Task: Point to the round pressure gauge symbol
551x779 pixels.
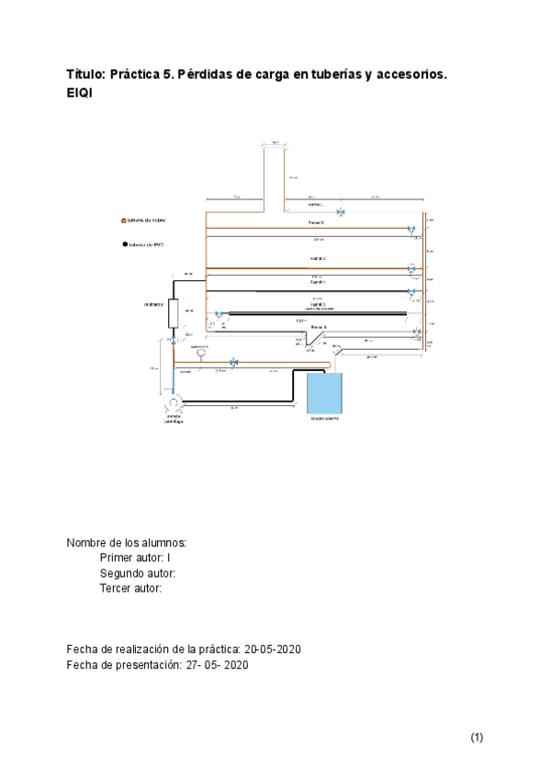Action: [199, 353]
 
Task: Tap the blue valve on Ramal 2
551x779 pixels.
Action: [410, 230]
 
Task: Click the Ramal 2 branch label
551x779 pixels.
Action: [315, 222]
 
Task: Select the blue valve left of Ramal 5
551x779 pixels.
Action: [219, 314]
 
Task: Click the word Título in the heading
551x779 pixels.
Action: [85, 74]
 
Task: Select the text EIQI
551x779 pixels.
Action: [80, 94]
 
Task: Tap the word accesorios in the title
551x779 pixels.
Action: [409, 74]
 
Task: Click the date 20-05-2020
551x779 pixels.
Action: [273, 649]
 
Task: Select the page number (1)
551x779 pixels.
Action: [477, 737]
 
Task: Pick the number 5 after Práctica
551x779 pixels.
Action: [172, 74]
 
